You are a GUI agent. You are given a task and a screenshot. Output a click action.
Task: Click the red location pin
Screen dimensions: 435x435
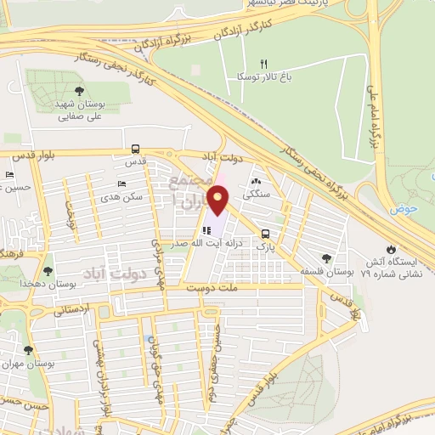[x=219, y=201]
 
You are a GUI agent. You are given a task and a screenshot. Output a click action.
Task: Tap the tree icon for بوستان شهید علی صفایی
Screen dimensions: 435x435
[x=80, y=91]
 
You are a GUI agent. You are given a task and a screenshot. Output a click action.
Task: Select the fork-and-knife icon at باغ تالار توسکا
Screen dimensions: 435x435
[x=263, y=65]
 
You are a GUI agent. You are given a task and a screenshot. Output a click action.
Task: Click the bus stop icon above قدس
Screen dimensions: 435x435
[x=131, y=150]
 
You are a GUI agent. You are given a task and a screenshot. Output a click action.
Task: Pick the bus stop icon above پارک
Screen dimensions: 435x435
[x=266, y=234]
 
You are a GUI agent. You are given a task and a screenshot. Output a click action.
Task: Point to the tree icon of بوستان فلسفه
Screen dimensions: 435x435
[x=326, y=257]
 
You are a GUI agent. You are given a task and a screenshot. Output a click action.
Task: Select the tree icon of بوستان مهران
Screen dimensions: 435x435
[x=28, y=350]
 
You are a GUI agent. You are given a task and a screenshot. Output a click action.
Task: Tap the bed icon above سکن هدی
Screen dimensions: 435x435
[x=122, y=183]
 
